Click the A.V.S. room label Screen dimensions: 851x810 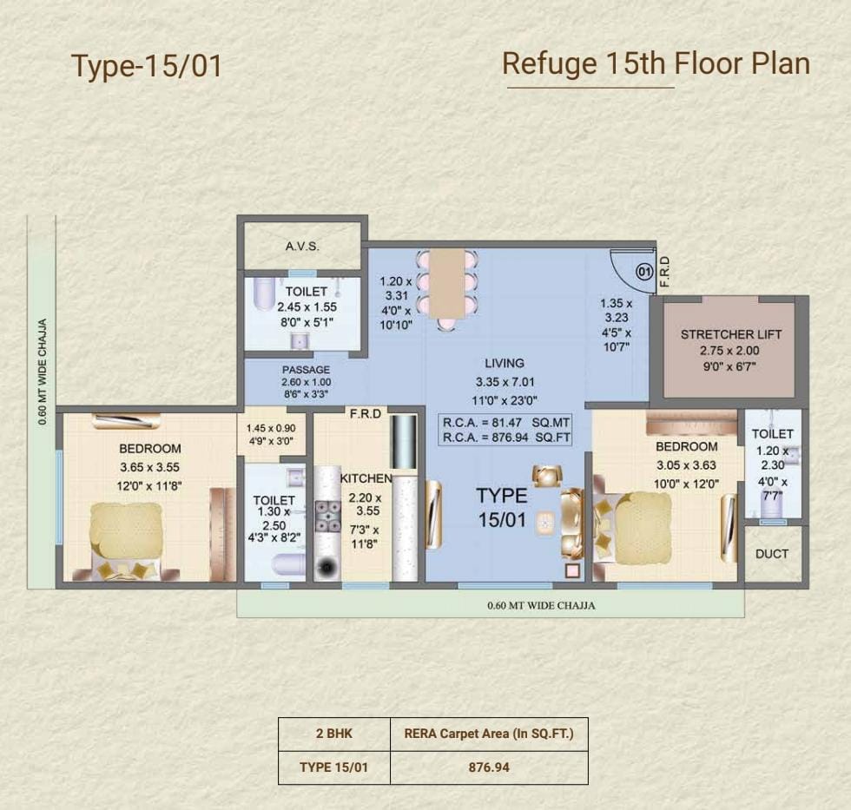tap(302, 247)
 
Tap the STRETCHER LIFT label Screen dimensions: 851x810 tap(731, 334)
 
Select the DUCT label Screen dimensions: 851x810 tap(772, 554)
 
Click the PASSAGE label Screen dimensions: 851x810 tap(306, 370)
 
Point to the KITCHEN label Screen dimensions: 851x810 tap(366, 478)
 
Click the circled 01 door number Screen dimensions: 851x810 tap(644, 271)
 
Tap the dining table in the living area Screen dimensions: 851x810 tap(447, 284)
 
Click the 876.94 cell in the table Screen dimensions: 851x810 tap(489, 767)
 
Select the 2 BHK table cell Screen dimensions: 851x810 tap(333, 734)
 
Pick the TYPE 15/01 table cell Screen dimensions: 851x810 tap(333, 767)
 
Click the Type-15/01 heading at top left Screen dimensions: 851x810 tap(147, 66)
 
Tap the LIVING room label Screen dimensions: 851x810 tap(505, 363)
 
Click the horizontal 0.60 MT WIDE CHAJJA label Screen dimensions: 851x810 tap(541, 605)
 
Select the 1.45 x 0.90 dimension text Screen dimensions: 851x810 tap(271, 428)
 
